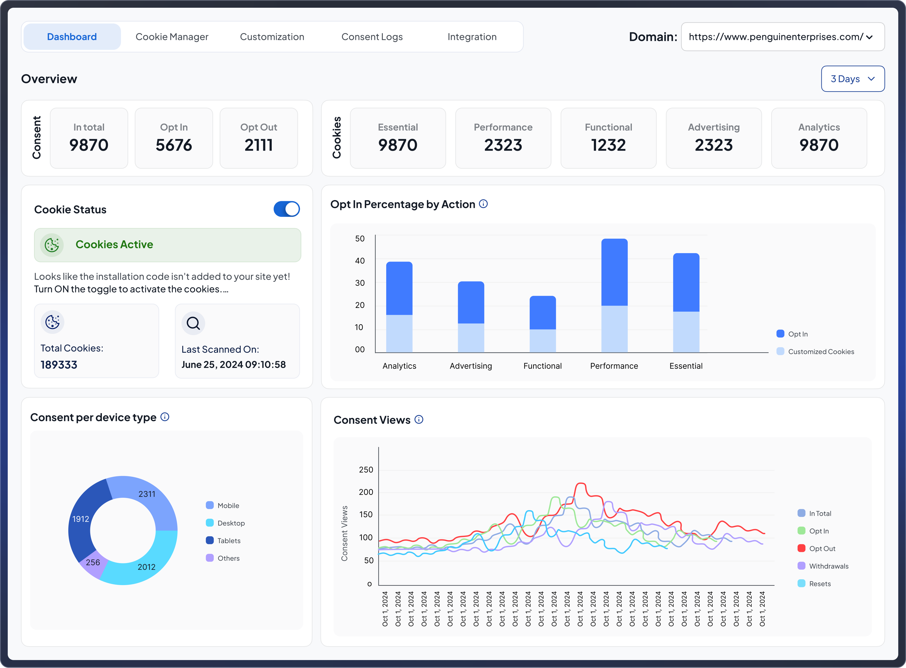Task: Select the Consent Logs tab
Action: (372, 37)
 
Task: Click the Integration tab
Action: (472, 37)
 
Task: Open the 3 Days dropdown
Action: (853, 79)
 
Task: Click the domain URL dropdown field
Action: (783, 37)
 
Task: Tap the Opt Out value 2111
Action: (259, 145)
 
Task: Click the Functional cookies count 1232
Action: (608, 145)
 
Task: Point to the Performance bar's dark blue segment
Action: (614, 272)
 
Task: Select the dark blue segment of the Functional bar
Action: (543, 313)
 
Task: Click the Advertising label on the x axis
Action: (471, 366)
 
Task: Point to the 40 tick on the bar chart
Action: (360, 261)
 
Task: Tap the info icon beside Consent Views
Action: (419, 420)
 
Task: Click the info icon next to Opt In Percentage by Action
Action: (483, 204)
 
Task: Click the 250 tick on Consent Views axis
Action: (366, 470)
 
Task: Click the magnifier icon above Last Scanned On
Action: (193, 323)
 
